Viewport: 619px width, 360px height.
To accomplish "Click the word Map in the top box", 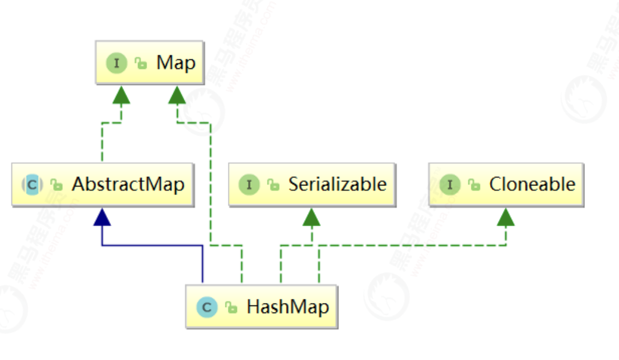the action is pyautogui.click(x=176, y=62).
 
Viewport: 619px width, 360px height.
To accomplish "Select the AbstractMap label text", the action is pyautogui.click(x=128, y=184).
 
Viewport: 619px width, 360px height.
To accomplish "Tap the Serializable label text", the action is pyautogui.click(x=337, y=184).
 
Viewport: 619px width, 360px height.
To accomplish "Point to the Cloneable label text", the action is pyautogui.click(x=532, y=184).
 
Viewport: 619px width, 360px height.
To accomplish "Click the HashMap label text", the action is pyautogui.click(x=287, y=308).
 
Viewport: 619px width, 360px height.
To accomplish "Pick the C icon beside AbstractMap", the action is pyautogui.click(x=32, y=185).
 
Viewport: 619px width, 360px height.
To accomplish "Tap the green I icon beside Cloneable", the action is pyautogui.click(x=449, y=185).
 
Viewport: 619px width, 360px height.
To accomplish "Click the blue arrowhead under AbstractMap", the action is pyautogui.click(x=103, y=217).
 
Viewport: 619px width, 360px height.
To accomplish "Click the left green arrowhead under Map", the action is pyautogui.click(x=122, y=94).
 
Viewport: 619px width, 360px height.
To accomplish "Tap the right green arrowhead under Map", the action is pyautogui.click(x=176, y=94).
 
